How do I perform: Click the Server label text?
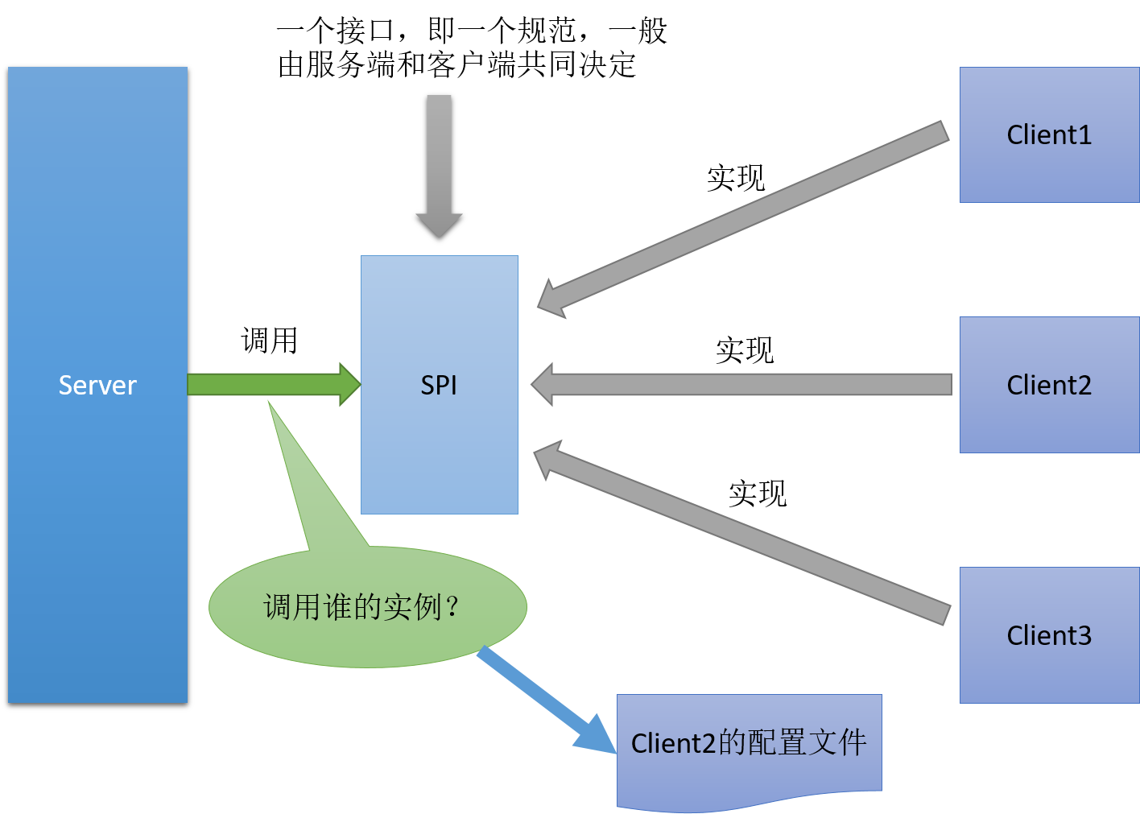97,385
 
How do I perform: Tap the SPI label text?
439,385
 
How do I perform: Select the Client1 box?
1049,134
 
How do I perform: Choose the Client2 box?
1049,385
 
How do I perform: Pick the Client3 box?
1049,635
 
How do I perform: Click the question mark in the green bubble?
452,606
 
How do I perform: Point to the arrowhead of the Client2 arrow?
543,385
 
